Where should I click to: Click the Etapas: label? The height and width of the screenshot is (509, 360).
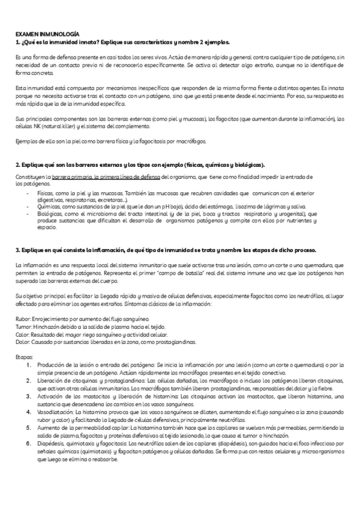[25, 357]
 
